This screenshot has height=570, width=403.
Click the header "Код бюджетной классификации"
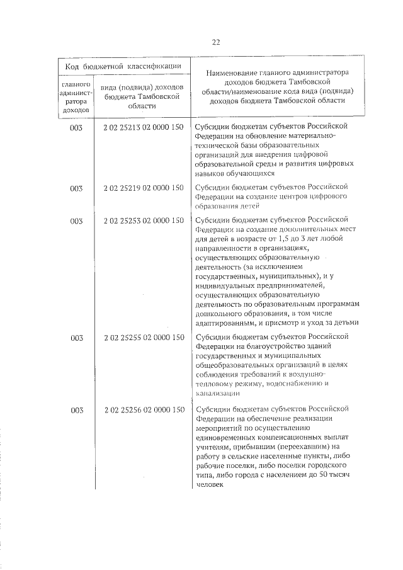point(124,66)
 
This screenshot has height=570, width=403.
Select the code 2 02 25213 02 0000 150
point(144,127)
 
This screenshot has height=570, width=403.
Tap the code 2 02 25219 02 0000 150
point(144,187)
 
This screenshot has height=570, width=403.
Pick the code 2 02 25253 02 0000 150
point(144,221)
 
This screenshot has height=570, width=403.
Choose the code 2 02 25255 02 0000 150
point(144,338)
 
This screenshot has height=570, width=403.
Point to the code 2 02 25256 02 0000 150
point(144,410)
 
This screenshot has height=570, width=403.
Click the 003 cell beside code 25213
point(77,127)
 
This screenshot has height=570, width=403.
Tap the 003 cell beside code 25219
point(77,187)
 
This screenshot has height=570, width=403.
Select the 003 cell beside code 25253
point(77,221)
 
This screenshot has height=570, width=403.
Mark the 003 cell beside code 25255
point(77,338)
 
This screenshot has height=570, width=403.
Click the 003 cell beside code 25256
point(77,410)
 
